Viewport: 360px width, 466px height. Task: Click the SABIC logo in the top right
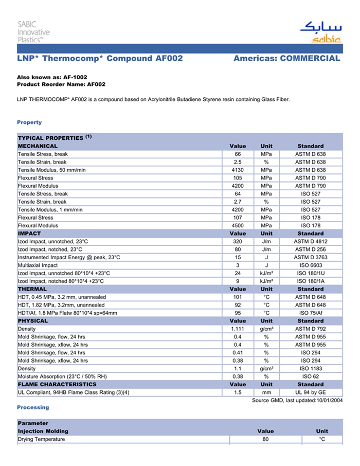[x=320, y=32]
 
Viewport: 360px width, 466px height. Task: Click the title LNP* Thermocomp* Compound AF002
[x=100, y=59]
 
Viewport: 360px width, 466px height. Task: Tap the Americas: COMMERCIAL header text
[x=286, y=59]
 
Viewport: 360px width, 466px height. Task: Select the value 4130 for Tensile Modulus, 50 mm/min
[x=238, y=170]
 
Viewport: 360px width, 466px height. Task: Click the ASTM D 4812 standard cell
[x=310, y=241]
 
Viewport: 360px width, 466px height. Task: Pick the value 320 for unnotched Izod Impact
[x=238, y=241]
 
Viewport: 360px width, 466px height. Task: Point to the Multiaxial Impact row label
[x=38, y=265]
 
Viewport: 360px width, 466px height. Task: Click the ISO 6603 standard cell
[x=310, y=265]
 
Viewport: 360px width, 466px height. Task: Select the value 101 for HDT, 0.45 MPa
[x=238, y=297]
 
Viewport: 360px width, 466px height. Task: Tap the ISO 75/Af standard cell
[x=310, y=313]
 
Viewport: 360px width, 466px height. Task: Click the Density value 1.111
[x=238, y=329]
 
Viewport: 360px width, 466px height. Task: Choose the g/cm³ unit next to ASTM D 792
[x=266, y=329]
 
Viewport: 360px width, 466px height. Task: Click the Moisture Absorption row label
[x=62, y=377]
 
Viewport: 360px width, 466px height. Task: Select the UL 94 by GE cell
[x=310, y=392]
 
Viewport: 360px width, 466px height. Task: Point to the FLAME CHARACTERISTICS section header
[x=57, y=384]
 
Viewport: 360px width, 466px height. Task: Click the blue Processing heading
[x=33, y=407]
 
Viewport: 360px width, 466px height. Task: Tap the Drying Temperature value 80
[x=265, y=439]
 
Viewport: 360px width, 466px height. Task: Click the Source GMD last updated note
[x=297, y=401]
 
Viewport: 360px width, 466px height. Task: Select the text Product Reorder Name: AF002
[x=61, y=84]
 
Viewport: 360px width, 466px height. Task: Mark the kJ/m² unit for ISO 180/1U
[x=266, y=273]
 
